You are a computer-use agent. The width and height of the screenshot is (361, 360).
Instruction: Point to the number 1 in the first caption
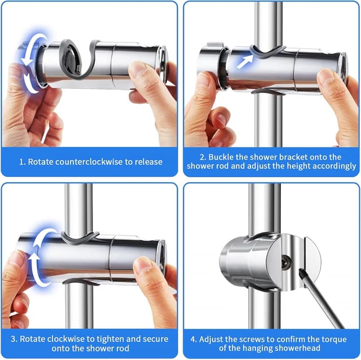click(x=22, y=162)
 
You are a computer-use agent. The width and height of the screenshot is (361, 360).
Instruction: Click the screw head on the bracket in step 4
click(x=285, y=261)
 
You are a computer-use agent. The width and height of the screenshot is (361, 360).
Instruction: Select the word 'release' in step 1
click(x=148, y=162)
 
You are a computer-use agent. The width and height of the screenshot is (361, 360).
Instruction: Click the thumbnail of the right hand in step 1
click(x=138, y=69)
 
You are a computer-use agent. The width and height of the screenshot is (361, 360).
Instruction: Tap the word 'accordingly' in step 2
click(x=337, y=166)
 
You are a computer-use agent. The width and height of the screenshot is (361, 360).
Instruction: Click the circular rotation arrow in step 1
click(x=30, y=62)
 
